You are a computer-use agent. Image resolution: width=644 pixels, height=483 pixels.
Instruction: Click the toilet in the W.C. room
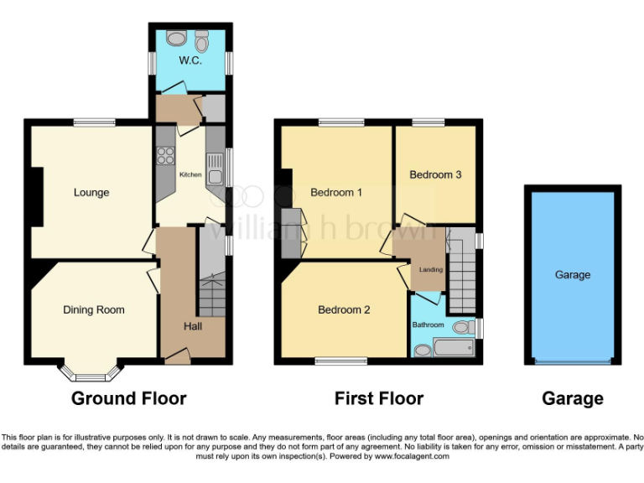tap(201, 39)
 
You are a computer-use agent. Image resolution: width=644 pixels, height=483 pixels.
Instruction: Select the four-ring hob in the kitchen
tap(164, 155)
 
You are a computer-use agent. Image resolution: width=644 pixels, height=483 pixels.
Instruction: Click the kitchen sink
tap(216, 176)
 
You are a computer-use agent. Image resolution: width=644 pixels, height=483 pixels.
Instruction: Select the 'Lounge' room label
tap(91, 193)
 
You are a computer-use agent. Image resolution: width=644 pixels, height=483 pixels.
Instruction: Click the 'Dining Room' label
tap(93, 310)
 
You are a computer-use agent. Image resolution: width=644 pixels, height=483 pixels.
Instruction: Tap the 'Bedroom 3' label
tap(435, 175)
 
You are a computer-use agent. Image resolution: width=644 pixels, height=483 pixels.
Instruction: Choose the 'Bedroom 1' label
tap(336, 193)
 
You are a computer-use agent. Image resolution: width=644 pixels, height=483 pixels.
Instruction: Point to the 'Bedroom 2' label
tap(344, 310)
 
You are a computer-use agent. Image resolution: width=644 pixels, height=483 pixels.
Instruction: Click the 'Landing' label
tap(431, 269)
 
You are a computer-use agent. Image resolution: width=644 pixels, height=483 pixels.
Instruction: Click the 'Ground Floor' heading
tap(128, 398)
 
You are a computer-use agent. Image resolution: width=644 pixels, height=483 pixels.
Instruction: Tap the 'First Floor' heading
tap(379, 398)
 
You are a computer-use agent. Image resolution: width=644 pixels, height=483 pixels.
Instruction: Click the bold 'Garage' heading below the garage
tap(573, 398)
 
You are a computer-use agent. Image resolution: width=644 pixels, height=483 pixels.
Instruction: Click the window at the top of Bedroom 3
tap(428, 122)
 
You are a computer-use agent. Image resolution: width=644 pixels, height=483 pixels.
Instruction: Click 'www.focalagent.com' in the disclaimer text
tap(412, 457)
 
